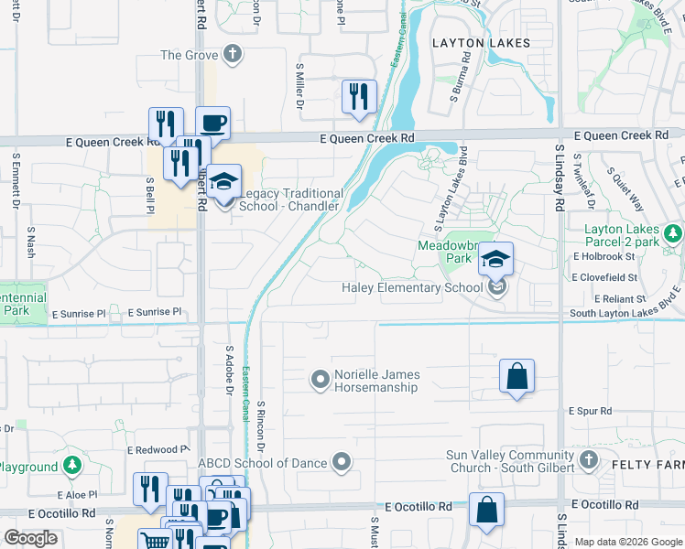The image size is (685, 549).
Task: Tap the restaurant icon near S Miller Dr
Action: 358,96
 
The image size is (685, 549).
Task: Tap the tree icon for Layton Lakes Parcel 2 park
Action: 674,234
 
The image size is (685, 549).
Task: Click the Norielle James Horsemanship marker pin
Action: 320,378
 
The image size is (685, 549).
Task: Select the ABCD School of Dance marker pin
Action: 342,461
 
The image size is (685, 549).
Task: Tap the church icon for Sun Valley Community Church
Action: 587,459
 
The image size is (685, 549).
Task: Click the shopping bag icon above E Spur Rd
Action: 516,375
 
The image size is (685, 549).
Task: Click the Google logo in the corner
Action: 30,538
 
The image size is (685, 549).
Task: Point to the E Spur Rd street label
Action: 589,411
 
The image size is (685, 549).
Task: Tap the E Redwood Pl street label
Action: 158,450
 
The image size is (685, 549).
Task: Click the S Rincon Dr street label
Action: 261,425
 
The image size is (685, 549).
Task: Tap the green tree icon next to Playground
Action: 71,466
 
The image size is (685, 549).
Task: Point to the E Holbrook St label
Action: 603,255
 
